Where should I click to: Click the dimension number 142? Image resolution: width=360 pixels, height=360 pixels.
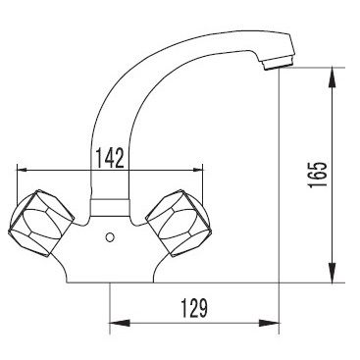click(110, 158)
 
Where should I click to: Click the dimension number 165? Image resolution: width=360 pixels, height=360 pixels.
click(318, 175)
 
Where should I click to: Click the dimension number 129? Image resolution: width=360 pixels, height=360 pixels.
click(194, 308)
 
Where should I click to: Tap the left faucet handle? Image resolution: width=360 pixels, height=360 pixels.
click(41, 223)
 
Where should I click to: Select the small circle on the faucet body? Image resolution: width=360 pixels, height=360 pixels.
click(110, 237)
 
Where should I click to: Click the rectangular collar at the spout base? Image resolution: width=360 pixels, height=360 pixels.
click(110, 207)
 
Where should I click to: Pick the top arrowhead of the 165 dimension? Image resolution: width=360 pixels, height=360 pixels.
click(333, 77)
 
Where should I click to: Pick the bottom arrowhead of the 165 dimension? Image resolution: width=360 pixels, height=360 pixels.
click(333, 272)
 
